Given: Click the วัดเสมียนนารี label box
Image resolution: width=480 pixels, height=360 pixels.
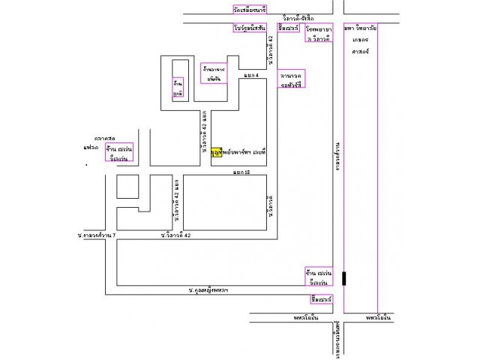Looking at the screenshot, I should (250, 9).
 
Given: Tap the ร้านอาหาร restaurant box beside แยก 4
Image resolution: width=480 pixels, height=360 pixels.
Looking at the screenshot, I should (214, 72).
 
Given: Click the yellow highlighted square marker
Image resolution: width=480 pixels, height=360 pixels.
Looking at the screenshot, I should (216, 151).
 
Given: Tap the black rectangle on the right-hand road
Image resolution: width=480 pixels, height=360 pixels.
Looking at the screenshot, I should (344, 278).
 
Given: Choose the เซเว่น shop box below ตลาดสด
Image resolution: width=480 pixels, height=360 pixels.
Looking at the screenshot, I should (119, 151).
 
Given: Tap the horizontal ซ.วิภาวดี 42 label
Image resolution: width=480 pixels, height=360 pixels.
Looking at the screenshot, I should (175, 235).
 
